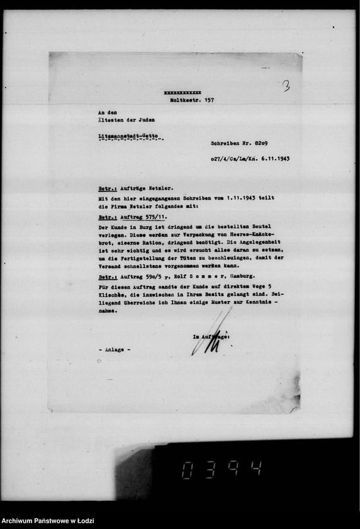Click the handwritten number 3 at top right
286,86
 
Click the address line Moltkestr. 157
191,100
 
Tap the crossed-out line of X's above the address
182,93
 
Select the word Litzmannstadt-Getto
126,136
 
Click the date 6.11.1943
275,159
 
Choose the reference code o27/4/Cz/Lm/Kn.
235,159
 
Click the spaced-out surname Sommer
188,276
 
